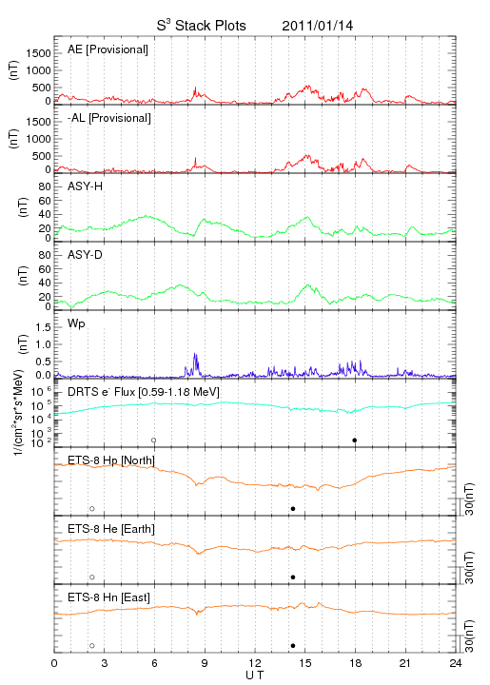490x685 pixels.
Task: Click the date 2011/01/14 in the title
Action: click(x=317, y=26)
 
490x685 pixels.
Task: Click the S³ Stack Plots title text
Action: click(x=201, y=26)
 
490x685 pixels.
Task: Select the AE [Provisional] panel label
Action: click(x=108, y=49)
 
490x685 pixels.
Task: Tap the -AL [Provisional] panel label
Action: click(x=109, y=118)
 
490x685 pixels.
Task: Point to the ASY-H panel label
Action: click(x=85, y=186)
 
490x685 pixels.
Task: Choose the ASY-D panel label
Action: click(x=85, y=255)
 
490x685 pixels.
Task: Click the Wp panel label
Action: click(x=76, y=324)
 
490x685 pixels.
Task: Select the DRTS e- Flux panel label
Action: click(x=144, y=392)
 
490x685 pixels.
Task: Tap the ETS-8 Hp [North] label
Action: click(x=111, y=460)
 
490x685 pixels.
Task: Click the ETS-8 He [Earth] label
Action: click(x=111, y=529)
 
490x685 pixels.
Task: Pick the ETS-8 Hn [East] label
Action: click(x=108, y=597)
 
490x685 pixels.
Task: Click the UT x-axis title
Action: click(x=255, y=675)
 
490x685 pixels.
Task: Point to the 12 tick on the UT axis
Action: click(x=255, y=663)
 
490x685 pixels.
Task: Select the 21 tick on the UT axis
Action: click(x=405, y=663)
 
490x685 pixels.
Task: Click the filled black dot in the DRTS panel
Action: click(x=355, y=440)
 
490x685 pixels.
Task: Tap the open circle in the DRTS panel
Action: click(x=154, y=440)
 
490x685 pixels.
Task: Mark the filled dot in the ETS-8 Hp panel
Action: click(x=293, y=508)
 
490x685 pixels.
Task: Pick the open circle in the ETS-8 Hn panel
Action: click(x=92, y=646)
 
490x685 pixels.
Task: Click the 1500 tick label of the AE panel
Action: click(x=38, y=53)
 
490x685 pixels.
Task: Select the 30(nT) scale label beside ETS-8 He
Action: click(x=469, y=568)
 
